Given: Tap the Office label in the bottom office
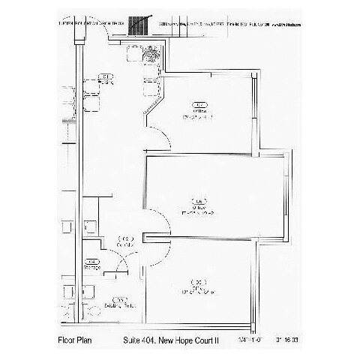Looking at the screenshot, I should tap(199, 286).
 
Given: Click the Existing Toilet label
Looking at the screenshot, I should tap(119, 306).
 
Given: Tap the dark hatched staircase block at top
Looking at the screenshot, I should tap(137, 24).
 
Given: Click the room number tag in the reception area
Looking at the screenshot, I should tap(106, 76).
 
